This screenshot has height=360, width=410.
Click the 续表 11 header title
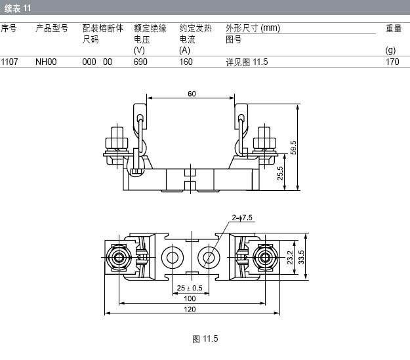coord(17,9)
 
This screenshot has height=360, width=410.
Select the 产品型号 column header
coord(52,28)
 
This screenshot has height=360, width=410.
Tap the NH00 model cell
coord(46,62)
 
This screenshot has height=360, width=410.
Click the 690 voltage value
coord(140,62)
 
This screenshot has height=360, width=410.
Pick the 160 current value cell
coord(186,62)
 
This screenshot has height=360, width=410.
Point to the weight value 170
coord(392,62)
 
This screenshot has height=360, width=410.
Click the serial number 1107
coord(9,62)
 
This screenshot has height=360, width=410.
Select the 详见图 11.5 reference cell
coord(247,62)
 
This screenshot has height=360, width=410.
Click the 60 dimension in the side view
coord(192,94)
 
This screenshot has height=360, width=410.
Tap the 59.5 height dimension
coord(293,148)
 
